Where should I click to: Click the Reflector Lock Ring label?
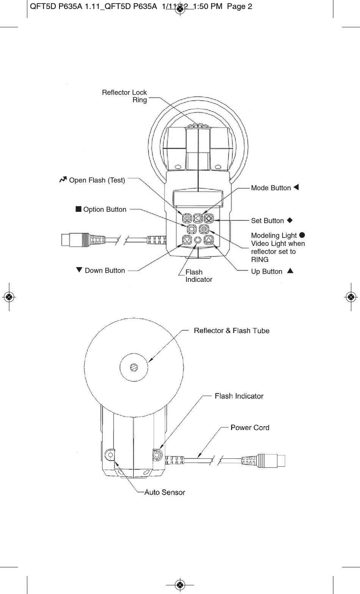[124, 96]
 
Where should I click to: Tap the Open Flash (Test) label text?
[97, 180]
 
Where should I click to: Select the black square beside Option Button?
[78, 209]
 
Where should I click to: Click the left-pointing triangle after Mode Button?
[296, 187]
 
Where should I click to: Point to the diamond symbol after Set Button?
[290, 220]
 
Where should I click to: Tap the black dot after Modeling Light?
[302, 235]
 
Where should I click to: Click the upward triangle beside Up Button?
[290, 271]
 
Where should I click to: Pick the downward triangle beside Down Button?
[79, 270]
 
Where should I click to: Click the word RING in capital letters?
[260, 259]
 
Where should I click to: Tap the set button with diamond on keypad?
[209, 218]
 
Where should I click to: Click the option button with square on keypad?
[191, 229]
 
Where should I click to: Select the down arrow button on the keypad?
[187, 240]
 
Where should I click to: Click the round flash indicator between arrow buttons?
[198, 240]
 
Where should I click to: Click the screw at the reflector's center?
[134, 367]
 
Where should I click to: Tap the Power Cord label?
[250, 427]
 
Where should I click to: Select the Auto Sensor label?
[165, 492]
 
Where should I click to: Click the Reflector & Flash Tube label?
[232, 331]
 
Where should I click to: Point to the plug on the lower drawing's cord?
[270, 460]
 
